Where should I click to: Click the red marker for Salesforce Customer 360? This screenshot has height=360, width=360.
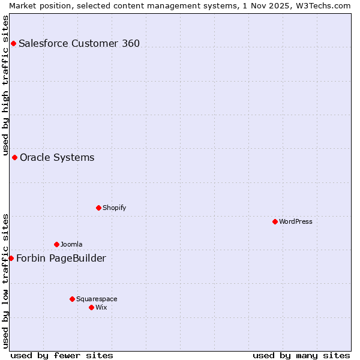click(x=13, y=43)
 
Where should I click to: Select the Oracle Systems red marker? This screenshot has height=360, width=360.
click(x=14, y=157)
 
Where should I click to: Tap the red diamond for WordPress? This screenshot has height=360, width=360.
click(x=275, y=221)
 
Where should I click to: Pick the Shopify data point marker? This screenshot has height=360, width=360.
click(x=98, y=208)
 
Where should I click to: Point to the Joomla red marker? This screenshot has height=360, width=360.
click(x=56, y=244)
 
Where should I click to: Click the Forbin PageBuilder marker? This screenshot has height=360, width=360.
click(x=11, y=258)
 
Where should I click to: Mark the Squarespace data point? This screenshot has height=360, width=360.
click(x=72, y=299)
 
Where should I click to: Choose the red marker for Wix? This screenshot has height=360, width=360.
click(x=91, y=307)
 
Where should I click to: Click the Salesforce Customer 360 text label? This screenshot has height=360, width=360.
click(x=79, y=43)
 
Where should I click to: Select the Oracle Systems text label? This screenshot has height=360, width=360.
click(x=57, y=158)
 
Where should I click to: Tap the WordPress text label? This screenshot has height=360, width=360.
click(x=296, y=221)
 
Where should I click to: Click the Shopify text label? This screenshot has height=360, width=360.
click(x=114, y=208)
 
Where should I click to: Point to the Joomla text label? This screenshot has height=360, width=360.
click(x=71, y=244)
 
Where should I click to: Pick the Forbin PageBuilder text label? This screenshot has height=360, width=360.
click(x=61, y=259)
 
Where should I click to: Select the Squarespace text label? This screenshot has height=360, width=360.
click(x=97, y=299)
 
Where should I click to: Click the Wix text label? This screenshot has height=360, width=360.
click(x=101, y=307)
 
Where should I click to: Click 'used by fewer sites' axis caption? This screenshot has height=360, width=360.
click(x=62, y=356)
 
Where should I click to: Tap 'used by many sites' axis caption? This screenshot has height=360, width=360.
click(x=301, y=356)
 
